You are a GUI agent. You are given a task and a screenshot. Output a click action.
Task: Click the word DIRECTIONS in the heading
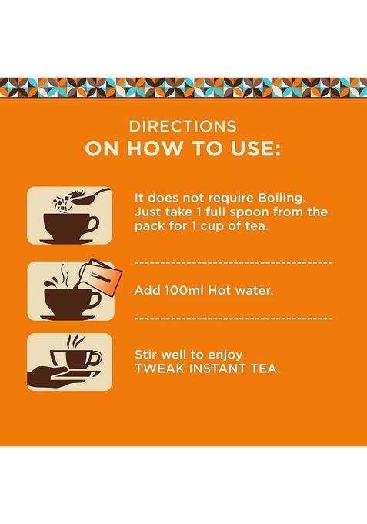tap(183, 126)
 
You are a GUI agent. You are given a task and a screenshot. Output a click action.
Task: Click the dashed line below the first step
tap(233, 262)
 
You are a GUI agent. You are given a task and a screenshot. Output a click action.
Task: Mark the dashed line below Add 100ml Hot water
tap(233, 318)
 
